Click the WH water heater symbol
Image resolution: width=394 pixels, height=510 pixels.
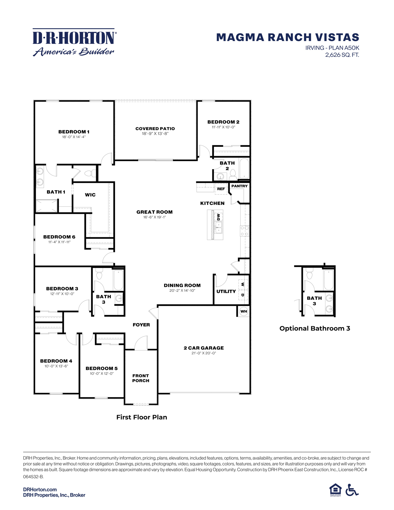point(244,311)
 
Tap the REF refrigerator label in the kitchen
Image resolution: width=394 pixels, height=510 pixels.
point(221,189)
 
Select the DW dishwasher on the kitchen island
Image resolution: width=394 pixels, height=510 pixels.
point(218,217)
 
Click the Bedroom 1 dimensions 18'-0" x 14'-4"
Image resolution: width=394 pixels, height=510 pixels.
point(74,137)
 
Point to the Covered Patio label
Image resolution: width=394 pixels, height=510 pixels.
point(155,129)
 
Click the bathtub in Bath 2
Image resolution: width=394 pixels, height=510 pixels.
point(244,168)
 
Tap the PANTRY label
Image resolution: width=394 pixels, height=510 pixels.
point(239,186)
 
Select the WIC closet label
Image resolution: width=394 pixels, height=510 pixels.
point(90,195)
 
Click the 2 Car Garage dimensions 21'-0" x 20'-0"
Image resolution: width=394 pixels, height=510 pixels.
point(204,353)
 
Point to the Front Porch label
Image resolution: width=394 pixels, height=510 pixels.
point(141,378)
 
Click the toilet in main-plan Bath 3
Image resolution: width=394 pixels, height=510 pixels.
point(99,274)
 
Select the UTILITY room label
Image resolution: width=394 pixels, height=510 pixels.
point(226,291)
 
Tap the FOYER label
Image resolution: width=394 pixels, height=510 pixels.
point(141,325)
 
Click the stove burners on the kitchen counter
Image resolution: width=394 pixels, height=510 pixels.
point(244,231)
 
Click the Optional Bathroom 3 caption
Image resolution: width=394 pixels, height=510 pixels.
point(315,328)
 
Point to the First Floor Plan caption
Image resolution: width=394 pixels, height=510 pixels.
point(142,417)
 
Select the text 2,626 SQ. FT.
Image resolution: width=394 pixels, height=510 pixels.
point(342,55)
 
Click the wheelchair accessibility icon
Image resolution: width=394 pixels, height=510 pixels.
point(352,490)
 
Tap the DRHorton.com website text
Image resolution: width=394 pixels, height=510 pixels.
point(40,489)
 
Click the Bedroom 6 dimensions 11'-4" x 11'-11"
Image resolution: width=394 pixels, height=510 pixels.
point(59,242)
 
